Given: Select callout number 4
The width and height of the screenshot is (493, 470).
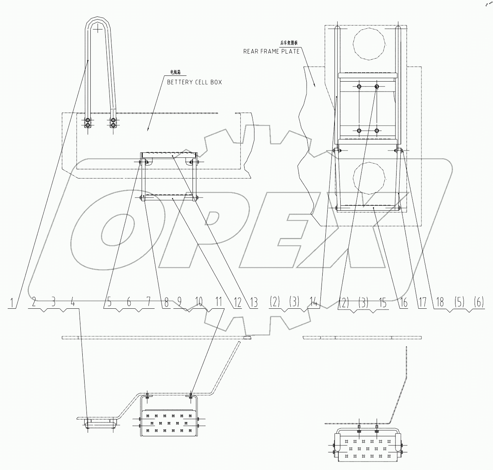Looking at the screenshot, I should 73,302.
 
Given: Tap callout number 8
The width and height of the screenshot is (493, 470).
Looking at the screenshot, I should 166,303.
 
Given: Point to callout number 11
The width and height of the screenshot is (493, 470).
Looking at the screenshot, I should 219,302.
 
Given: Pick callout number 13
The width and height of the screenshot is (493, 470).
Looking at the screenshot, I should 253,303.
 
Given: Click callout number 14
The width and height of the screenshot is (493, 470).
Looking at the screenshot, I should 314,303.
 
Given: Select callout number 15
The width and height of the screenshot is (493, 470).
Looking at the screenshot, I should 382,303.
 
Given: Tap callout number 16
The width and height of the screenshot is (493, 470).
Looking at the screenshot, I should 403,303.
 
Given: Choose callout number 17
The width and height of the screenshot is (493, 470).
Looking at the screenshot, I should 422,303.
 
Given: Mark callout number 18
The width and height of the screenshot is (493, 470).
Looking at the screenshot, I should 440,303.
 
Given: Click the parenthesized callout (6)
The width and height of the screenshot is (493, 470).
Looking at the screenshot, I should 478,302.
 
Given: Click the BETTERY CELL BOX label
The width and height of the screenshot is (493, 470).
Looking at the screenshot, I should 194,82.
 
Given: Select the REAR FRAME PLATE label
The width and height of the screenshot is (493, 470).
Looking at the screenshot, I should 271,51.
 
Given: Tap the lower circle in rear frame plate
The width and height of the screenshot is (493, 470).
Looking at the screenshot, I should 369,177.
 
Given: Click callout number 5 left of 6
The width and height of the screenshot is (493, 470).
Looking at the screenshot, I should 109,303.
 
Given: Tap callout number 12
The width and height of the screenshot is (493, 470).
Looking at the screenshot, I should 237,303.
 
